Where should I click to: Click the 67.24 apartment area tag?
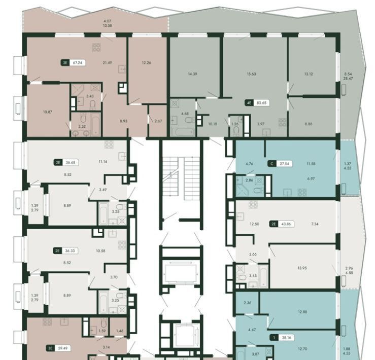pyautogui.click(x=73, y=63)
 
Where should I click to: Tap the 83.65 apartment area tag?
pyautogui.click(x=257, y=103)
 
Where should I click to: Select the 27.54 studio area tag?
pyautogui.click(x=280, y=164)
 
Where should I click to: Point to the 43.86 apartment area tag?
pyautogui.click(x=282, y=224)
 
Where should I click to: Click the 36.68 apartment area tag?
pyautogui.click(x=66, y=163)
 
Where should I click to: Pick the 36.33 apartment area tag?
pyautogui.click(x=65, y=251)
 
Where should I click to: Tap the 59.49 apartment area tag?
pyautogui.click(x=58, y=348)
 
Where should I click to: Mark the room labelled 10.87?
pyautogui.click(x=48, y=112)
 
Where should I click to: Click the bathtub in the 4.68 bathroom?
pyautogui.click(x=183, y=132)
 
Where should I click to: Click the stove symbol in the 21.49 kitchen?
pyautogui.click(x=96, y=47)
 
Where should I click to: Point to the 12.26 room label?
pyautogui.click(x=146, y=63)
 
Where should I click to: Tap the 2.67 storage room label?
pyautogui.click(x=158, y=121)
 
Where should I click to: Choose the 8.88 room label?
pyautogui.click(x=309, y=124)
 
